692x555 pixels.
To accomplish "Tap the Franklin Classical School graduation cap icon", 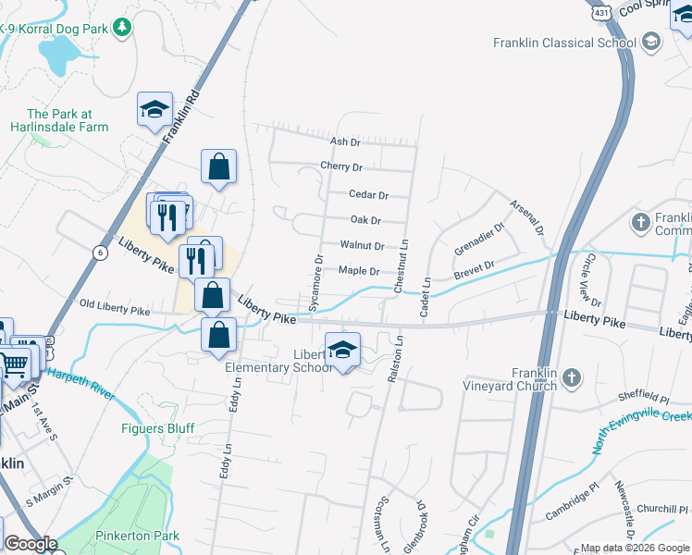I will (x=651, y=43).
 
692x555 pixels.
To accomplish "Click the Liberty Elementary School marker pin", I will (x=342, y=351).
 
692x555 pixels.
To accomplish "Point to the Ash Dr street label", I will (x=344, y=142).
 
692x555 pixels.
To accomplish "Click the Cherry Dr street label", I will (x=341, y=167).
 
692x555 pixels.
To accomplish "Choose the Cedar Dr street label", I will (x=368, y=194).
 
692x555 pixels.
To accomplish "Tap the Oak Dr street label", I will (x=366, y=220).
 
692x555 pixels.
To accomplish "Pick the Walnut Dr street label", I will (x=362, y=245).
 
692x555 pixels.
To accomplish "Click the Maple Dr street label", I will (x=359, y=270).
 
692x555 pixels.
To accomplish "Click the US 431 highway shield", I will (x=602, y=13).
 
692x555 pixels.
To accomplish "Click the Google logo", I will (x=30, y=544).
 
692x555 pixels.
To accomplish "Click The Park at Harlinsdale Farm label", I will (x=60, y=121).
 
